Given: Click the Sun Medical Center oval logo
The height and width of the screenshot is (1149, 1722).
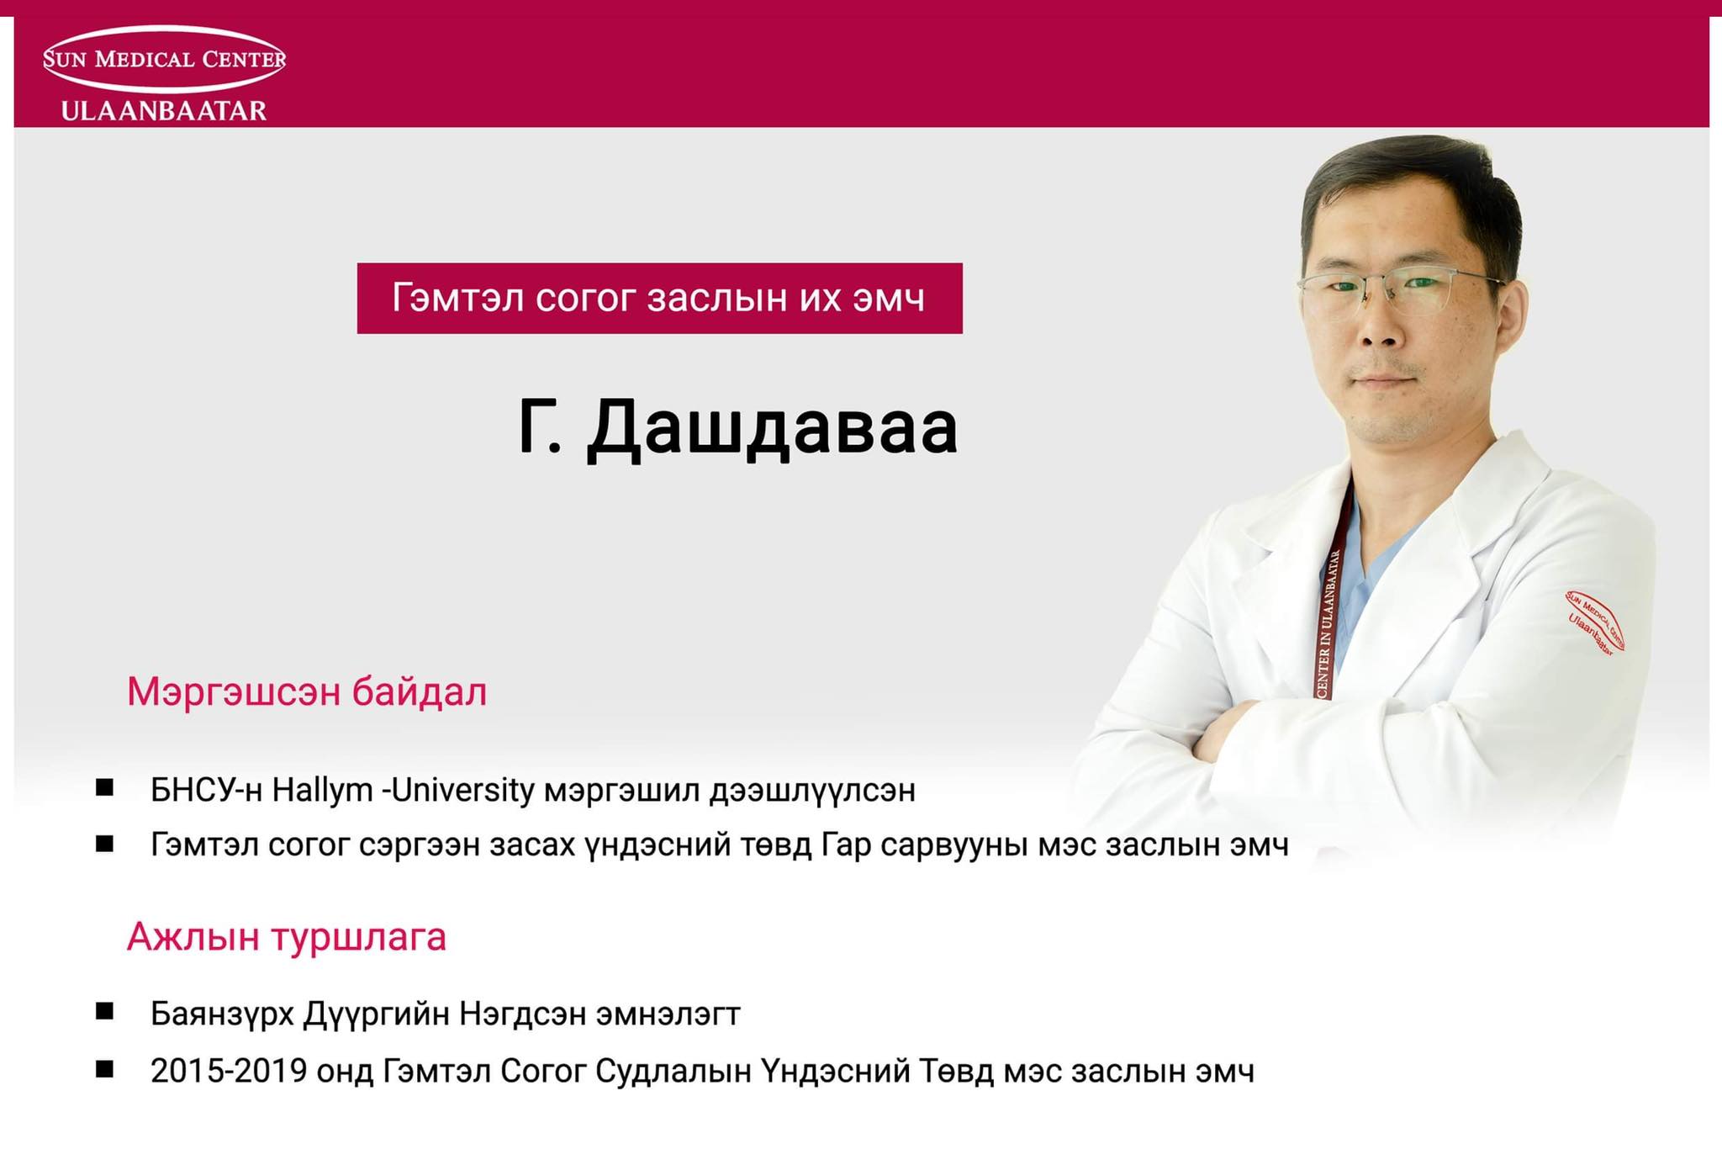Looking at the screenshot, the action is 165,59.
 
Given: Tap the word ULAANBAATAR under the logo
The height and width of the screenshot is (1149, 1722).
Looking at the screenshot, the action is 164,110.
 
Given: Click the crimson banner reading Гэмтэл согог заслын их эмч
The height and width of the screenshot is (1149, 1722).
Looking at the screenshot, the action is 659,299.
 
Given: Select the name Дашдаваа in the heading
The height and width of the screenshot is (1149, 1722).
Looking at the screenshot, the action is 772,428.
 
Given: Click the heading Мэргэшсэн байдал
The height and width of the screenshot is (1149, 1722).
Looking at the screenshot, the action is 307,691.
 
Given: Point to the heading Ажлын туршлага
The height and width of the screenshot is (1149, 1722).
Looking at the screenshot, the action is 287,936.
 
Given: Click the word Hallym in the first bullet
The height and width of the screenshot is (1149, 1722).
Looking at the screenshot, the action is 322,791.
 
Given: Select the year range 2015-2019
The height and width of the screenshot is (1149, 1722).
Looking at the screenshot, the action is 229,1071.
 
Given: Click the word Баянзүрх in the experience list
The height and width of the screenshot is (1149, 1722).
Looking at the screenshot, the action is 222,1014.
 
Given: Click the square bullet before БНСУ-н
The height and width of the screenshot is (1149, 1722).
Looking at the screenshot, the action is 104,787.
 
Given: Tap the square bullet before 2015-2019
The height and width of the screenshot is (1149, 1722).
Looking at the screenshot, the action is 104,1069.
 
